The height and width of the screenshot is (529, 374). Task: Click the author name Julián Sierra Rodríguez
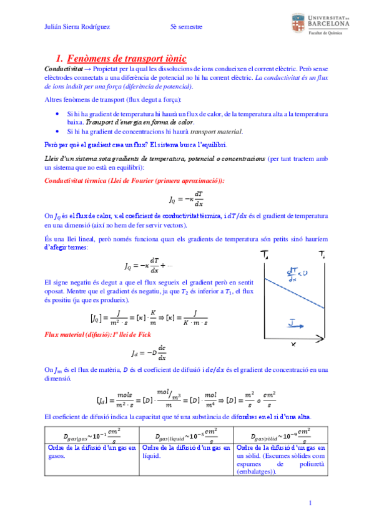79,26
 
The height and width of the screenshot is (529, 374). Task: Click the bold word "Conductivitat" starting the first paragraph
62,68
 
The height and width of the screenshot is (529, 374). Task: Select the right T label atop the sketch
321,255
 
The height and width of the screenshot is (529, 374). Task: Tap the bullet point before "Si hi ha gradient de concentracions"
56,132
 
